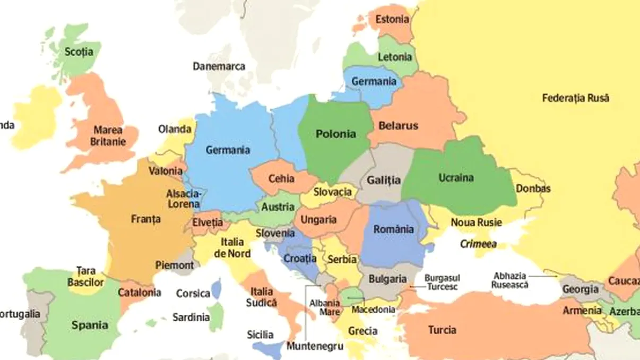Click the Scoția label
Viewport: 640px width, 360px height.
[x=78, y=52]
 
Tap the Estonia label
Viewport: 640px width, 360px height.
[x=392, y=20]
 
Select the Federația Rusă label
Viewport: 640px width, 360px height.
[x=575, y=98]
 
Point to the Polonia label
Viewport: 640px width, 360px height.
[x=335, y=134]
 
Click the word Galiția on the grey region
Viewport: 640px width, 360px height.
[x=384, y=180]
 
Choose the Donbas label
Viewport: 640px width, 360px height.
[x=533, y=188]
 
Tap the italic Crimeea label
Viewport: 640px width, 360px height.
[x=478, y=244]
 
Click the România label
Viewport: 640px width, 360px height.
[x=393, y=229]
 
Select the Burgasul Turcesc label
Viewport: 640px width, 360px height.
[x=442, y=282]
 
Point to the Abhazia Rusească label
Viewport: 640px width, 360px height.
[x=510, y=280]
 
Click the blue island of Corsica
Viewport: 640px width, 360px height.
[x=216, y=289]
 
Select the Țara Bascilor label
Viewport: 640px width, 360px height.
[x=85, y=277]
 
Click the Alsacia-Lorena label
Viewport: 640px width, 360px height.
[x=184, y=199]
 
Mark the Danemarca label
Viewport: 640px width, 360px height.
[x=219, y=66]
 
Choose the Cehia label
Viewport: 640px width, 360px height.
[x=281, y=178]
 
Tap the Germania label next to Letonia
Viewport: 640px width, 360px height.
[x=374, y=82]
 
